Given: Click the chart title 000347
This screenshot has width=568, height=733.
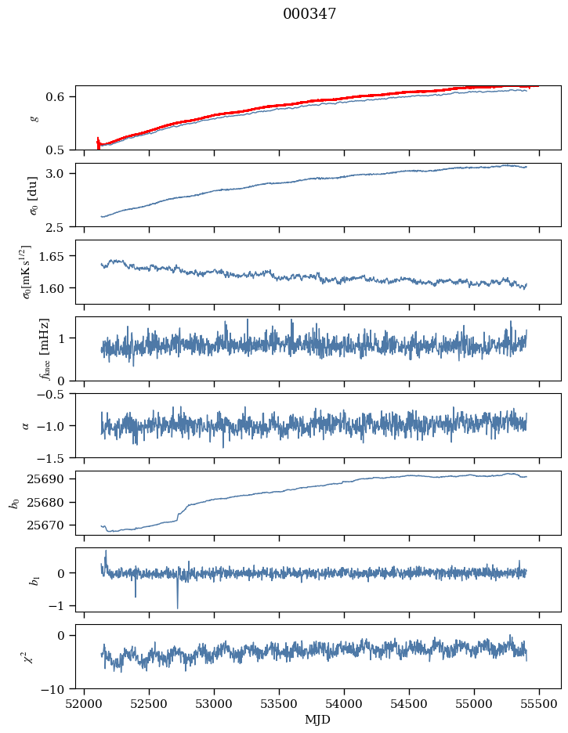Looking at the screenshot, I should pyautogui.click(x=309, y=14).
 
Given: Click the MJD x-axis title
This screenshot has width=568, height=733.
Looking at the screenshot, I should pyautogui.click(x=317, y=719).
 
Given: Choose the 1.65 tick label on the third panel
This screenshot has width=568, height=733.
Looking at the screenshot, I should pyautogui.click(x=58, y=256).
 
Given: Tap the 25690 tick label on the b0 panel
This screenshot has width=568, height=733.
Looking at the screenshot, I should pyautogui.click(x=53, y=478).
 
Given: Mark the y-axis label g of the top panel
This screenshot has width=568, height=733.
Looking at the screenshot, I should pyautogui.click(x=34, y=117).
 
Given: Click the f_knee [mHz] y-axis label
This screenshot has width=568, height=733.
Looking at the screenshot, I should pyautogui.click(x=45, y=348).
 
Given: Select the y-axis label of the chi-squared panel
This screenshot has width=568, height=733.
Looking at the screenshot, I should pyautogui.click(x=34, y=656).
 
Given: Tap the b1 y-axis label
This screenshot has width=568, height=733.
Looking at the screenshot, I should pyautogui.click(x=34, y=580).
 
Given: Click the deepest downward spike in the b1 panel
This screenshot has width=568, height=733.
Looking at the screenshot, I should pyautogui.click(x=177, y=608).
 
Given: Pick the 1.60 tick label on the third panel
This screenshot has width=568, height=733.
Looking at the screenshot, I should pyautogui.click(x=58, y=288).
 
